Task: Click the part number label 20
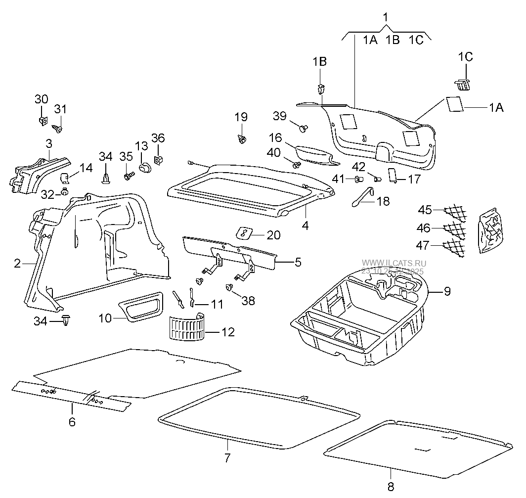point(273,235)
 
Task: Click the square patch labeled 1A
point(454,104)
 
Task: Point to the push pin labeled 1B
point(321,89)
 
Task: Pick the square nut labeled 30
point(42,120)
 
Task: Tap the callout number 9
point(446,291)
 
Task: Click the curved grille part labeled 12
point(186,328)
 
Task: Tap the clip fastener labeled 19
point(242,139)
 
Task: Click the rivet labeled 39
point(303,129)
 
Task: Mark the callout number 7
point(227,458)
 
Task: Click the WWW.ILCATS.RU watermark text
point(394,264)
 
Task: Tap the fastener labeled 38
point(229,287)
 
